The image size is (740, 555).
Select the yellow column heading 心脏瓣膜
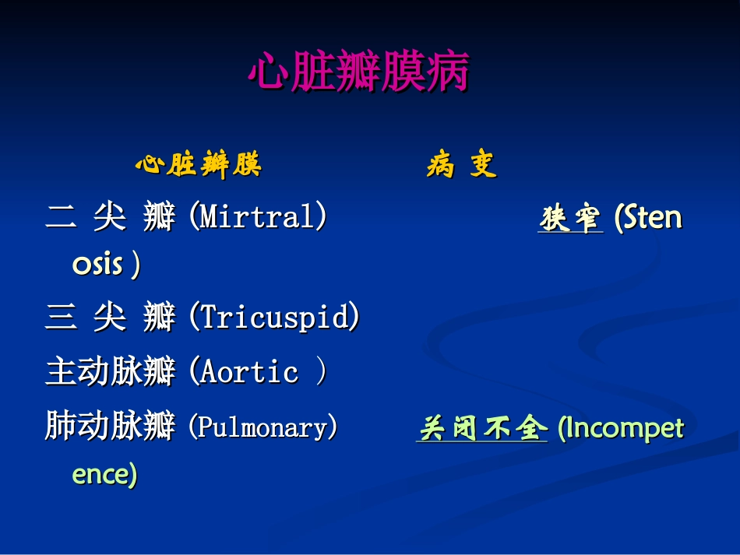[198, 165]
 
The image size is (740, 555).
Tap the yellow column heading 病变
[461, 165]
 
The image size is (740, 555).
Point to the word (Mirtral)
[258, 217]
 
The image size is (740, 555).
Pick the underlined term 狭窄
[570, 219]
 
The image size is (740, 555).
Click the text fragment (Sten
[648, 217]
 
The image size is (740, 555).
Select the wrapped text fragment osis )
[107, 265]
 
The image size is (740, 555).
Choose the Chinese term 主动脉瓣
[111, 372]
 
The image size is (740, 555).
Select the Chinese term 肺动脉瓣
[111, 427]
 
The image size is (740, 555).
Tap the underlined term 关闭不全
[481, 428]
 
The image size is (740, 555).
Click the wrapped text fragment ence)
[104, 474]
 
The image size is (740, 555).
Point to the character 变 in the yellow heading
[483, 165]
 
